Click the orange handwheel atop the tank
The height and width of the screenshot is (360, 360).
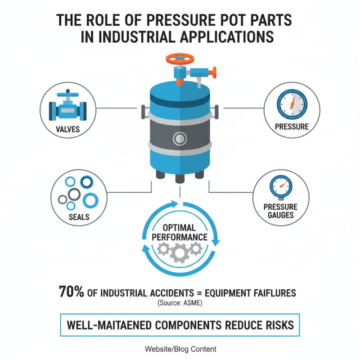point(180,58)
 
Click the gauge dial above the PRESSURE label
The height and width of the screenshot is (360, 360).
point(292,105)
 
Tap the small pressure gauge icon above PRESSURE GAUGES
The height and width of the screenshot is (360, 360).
point(281,187)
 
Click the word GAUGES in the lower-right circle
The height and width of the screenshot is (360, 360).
point(281,215)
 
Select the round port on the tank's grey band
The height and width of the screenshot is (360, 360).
point(180,137)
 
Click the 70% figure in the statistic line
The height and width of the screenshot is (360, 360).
point(72,292)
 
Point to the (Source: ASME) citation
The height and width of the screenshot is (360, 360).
point(180,303)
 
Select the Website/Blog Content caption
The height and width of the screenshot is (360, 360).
point(180,349)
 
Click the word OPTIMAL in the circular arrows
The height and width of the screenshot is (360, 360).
point(180,228)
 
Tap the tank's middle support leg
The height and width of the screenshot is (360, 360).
point(180,177)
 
